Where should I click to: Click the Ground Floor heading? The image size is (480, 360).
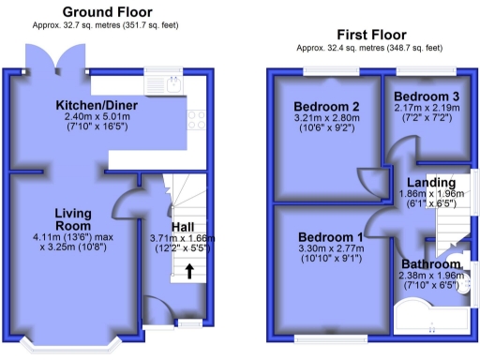108,12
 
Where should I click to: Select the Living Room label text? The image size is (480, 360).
72,219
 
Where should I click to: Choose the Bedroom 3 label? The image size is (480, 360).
426,97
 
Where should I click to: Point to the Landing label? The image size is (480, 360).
430,182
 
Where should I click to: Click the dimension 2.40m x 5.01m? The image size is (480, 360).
95,117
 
